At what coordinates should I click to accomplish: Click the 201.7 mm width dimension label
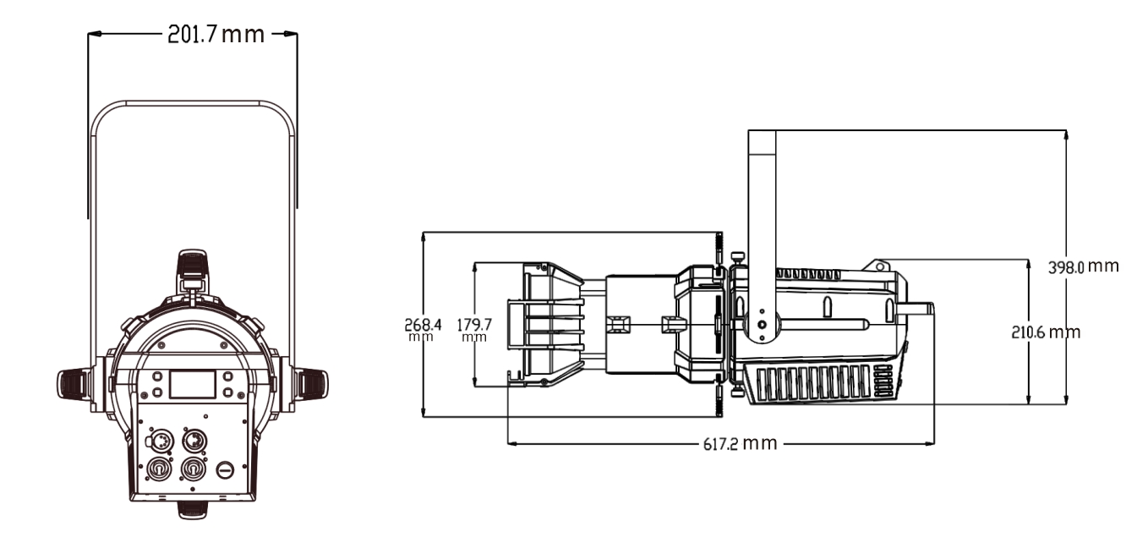pyautogui.click(x=216, y=35)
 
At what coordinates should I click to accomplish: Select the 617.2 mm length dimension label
pyautogui.click(x=740, y=443)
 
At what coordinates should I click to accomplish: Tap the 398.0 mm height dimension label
pyautogui.click(x=1083, y=266)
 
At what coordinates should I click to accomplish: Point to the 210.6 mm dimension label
pyautogui.click(x=1046, y=332)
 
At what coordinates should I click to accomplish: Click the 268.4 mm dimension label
pyautogui.click(x=423, y=330)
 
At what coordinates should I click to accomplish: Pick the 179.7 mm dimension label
pyautogui.click(x=474, y=330)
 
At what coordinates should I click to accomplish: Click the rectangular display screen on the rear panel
pyautogui.click(x=192, y=384)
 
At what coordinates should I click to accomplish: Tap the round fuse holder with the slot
pyautogui.click(x=225, y=469)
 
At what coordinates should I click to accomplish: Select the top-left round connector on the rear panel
pyautogui.click(x=158, y=440)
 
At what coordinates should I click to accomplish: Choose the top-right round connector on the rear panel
pyautogui.click(x=194, y=440)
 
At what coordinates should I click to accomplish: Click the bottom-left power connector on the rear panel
pyautogui.click(x=158, y=469)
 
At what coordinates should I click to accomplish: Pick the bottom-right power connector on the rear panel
pyautogui.click(x=194, y=469)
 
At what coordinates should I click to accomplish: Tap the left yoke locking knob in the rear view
pyautogui.click(x=74, y=384)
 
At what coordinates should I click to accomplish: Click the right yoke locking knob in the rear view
pyautogui.click(x=312, y=384)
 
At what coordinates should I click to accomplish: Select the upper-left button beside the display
pyautogui.click(x=157, y=376)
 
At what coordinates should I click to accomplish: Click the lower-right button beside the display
pyautogui.click(x=228, y=393)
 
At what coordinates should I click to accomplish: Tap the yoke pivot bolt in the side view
pyautogui.click(x=762, y=324)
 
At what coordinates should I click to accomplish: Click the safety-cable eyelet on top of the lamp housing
pyautogui.click(x=880, y=266)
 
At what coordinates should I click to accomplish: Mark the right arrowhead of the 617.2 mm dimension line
pyautogui.click(x=930, y=444)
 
